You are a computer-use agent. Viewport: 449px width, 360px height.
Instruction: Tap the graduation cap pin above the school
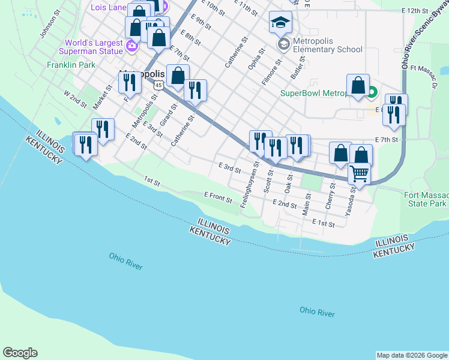pos(280,23)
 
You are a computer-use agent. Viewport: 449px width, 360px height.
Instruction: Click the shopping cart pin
pos(359,173)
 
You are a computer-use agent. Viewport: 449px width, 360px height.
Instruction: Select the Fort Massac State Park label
pos(426,199)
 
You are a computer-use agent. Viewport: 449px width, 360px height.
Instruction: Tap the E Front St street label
pos(218,195)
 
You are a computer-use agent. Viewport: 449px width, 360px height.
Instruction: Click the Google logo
pos(20,353)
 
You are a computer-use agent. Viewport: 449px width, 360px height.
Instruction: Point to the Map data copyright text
pos(412,355)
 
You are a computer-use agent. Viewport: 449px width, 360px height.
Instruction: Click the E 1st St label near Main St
pos(323,223)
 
